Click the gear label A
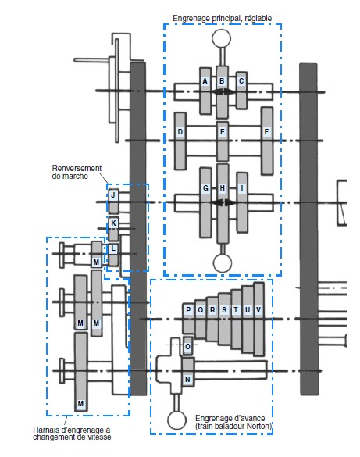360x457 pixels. pyautogui.click(x=205, y=81)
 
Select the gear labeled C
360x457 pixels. pyautogui.click(x=241, y=80)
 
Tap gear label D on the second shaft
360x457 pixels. pyautogui.click(x=180, y=132)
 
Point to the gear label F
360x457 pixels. pyautogui.click(x=266, y=132)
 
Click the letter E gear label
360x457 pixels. pyautogui.click(x=223, y=132)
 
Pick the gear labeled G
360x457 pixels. pyautogui.click(x=205, y=188)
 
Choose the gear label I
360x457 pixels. pyautogui.click(x=242, y=188)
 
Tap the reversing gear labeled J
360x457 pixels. pyautogui.click(x=113, y=195)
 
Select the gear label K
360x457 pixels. pyautogui.click(x=113, y=223)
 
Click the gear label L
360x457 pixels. pyautogui.click(x=113, y=248)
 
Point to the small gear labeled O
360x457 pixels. pyautogui.click(x=187, y=347)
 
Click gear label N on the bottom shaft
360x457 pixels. pyautogui.click(x=187, y=379)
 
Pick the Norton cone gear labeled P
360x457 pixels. pyautogui.click(x=188, y=310)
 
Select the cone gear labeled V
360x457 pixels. pyautogui.click(x=258, y=310)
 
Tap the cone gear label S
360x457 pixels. pyautogui.click(x=224, y=310)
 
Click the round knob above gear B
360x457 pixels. pyautogui.click(x=221, y=38)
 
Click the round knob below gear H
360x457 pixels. pyautogui.click(x=223, y=262)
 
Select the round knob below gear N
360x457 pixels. pyautogui.click(x=176, y=420)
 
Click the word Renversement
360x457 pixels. pyautogui.click(x=77, y=168)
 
